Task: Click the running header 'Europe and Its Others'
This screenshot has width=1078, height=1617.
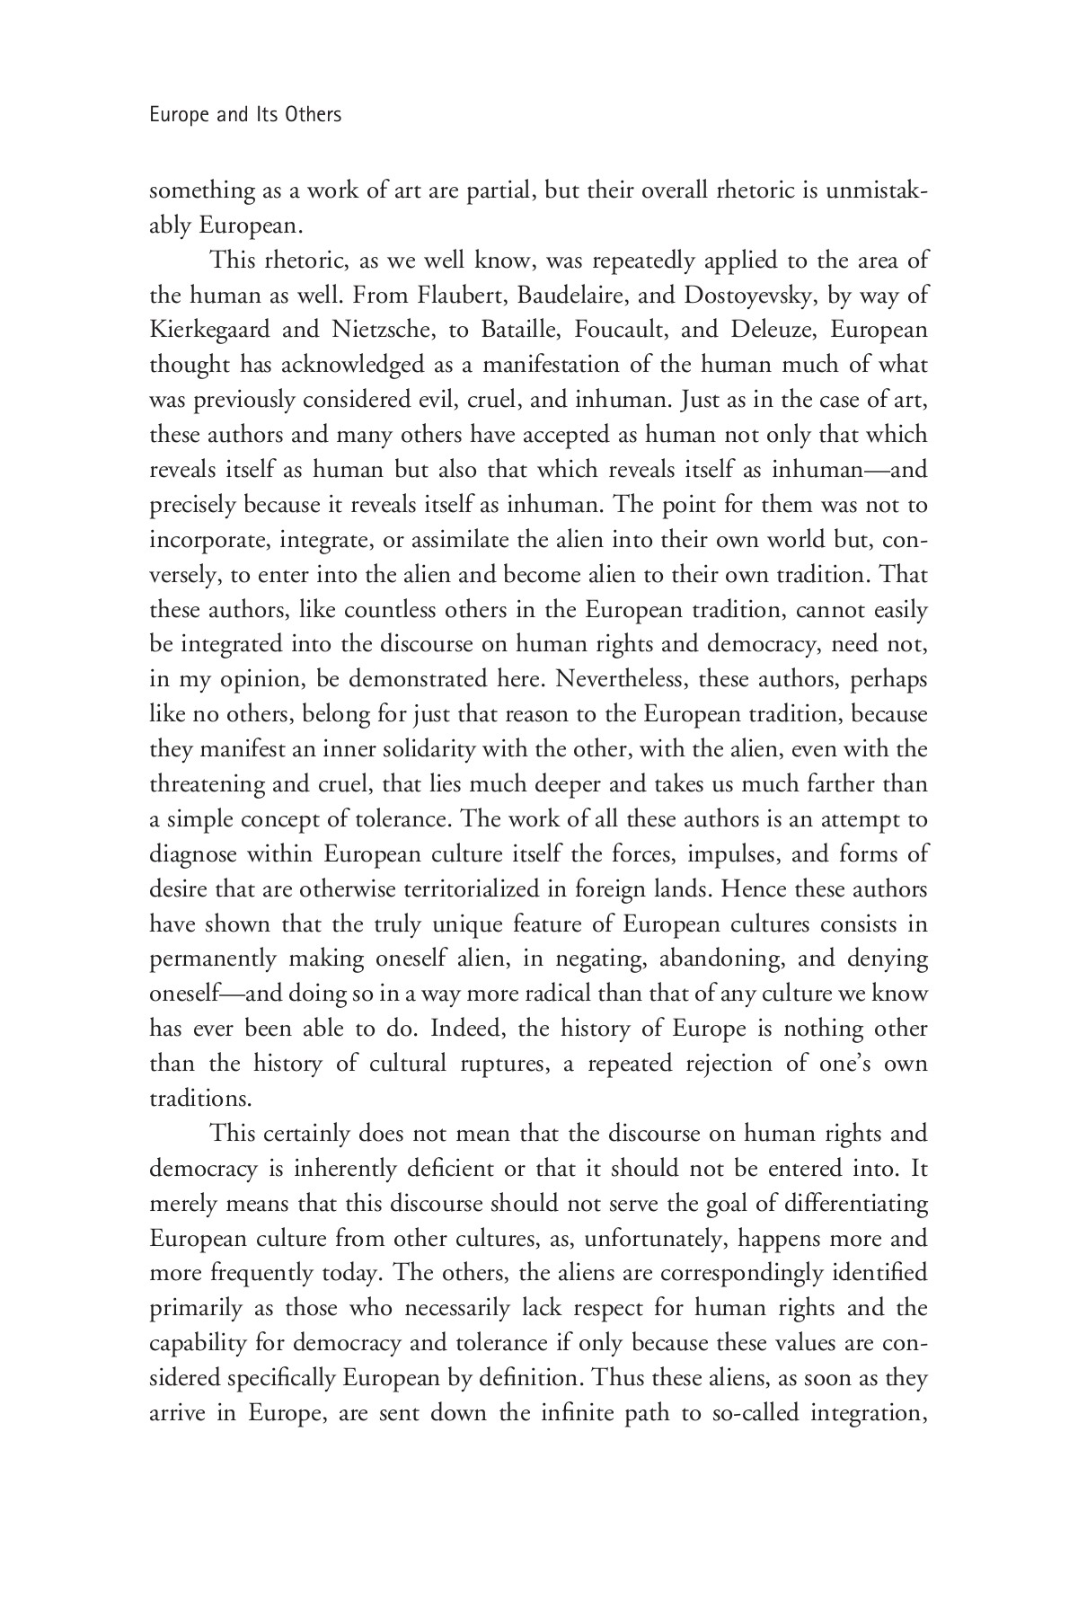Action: point(245,115)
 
